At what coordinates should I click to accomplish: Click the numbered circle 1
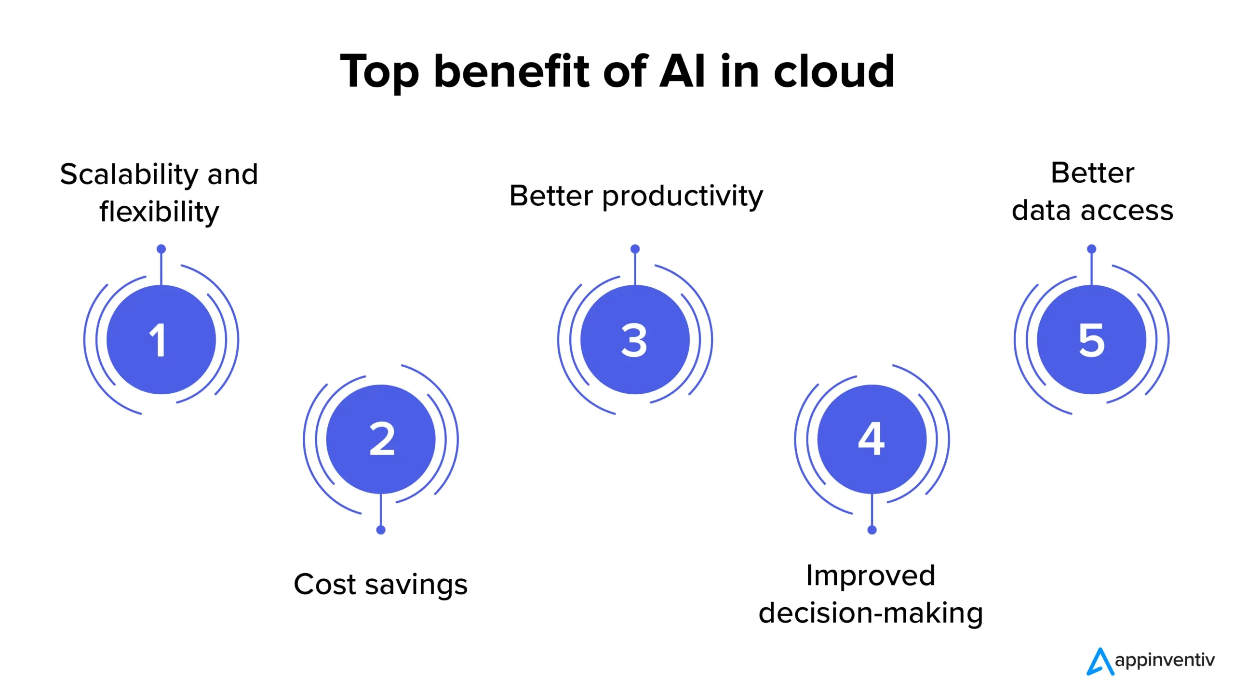pos(161,339)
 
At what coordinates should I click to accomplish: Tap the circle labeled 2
pos(381,439)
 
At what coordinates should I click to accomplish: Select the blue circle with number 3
pos(635,339)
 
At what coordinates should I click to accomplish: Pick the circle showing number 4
pos(872,439)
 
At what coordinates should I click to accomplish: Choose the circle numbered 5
pos(1091,339)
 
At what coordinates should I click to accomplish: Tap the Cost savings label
pos(380,585)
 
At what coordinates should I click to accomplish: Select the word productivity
pos(683,197)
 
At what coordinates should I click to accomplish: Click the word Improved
pos(871,576)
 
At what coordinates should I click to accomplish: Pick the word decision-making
pos(871,614)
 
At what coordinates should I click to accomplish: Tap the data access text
pos(1092,211)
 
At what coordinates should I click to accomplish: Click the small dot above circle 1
pos(161,249)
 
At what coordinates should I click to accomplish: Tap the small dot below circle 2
pos(381,530)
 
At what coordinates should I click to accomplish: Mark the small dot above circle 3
pos(635,249)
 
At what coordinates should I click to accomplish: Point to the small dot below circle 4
pos(872,530)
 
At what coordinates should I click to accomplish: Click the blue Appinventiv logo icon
pos(1100,662)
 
